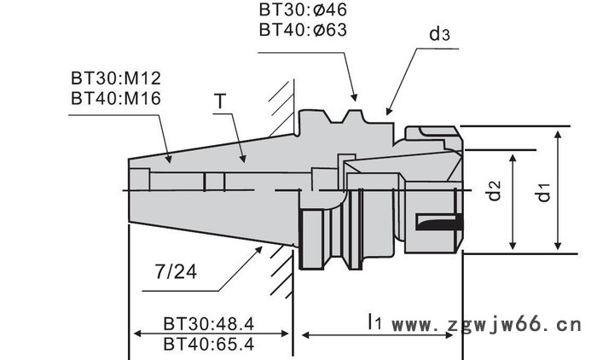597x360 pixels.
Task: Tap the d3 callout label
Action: click(439, 34)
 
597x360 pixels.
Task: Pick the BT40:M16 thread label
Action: click(116, 97)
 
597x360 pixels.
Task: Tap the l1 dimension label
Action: click(374, 322)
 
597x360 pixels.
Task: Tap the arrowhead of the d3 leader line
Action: click(388, 111)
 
